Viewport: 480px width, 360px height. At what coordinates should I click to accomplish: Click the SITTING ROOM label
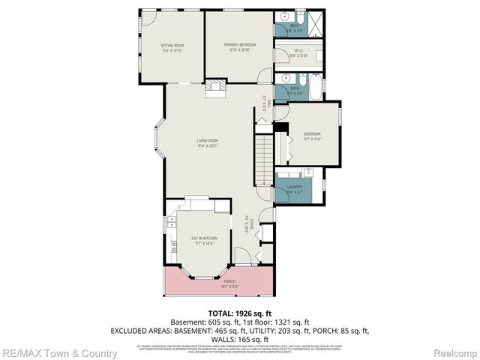pos(172,46)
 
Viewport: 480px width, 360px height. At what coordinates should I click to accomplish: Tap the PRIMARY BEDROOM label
pos(239,46)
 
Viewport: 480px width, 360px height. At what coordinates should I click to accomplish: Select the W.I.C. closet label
pos(298,50)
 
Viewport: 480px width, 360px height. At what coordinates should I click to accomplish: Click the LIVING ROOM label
pos(207,140)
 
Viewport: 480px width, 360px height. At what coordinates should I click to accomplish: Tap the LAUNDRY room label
pos(294,187)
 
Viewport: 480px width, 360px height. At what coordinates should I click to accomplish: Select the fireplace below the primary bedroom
pos(215,87)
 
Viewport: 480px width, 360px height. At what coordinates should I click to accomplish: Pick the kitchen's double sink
pos(172,221)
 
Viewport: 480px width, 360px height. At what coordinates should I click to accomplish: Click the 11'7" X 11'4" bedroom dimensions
pos(312,139)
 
